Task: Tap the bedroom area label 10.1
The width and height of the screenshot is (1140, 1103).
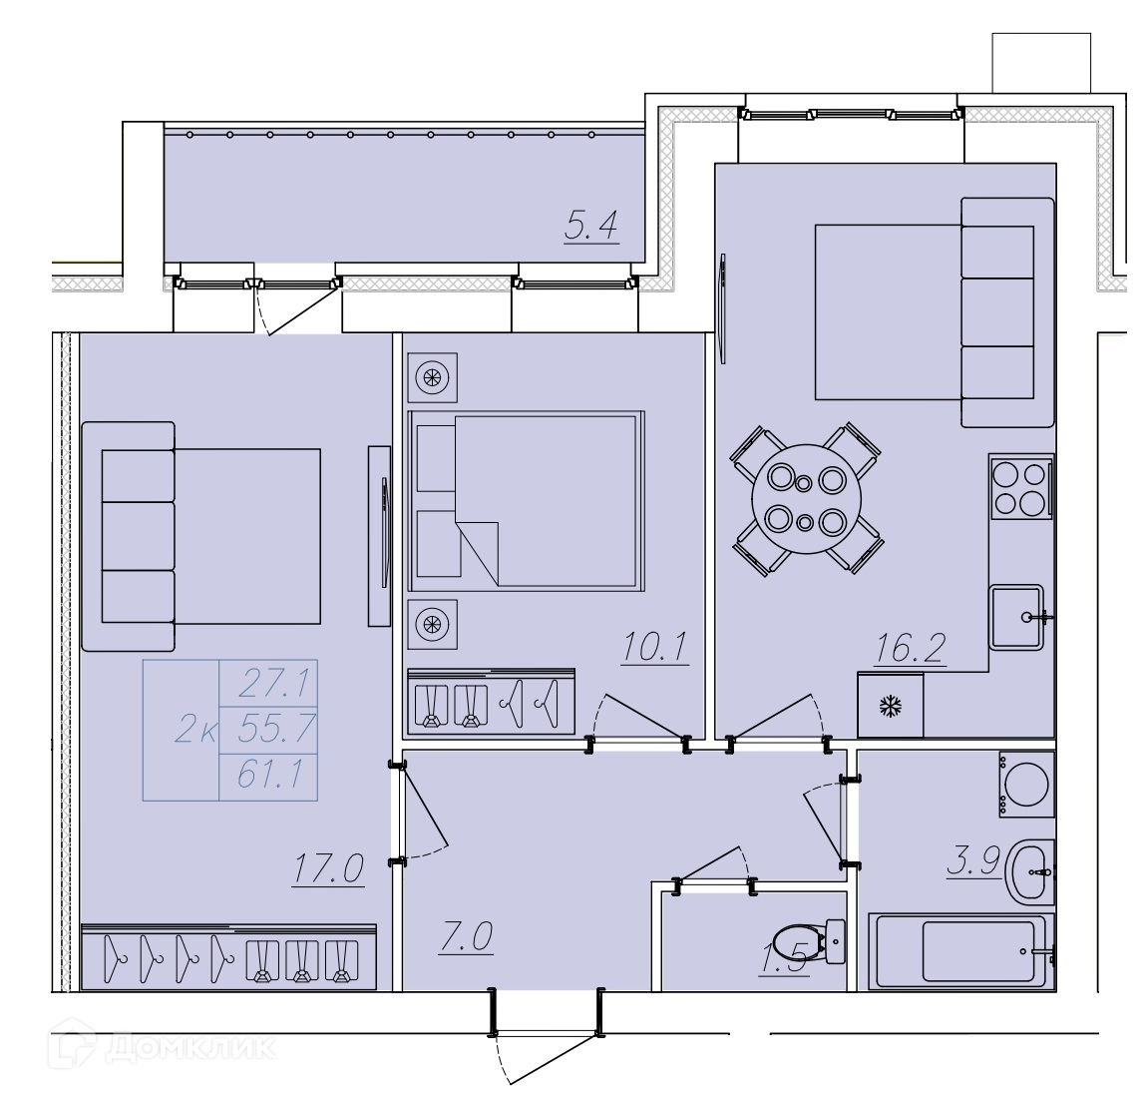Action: pos(655,647)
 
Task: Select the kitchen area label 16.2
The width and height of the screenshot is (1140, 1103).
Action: pos(911,648)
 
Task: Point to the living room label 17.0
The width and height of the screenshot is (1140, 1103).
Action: pos(328,868)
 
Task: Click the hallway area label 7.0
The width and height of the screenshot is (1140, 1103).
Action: pos(466,936)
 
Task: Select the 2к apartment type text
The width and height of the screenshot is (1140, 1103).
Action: pos(195,729)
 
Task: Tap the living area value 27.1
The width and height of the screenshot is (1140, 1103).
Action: pos(275,683)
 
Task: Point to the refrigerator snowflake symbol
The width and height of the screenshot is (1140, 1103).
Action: pos(891,706)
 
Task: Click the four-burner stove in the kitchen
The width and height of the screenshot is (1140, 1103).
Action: pos(1020,487)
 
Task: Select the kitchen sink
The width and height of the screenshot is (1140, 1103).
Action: pos(1017,618)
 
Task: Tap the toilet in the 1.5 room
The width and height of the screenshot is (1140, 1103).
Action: pos(810,943)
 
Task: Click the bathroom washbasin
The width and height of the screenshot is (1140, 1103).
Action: pos(1029,872)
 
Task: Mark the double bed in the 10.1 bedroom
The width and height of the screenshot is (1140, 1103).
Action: pos(527,500)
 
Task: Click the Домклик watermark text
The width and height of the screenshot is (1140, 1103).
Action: pos(190,1048)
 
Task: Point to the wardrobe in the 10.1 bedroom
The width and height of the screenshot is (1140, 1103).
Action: pos(492,702)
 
